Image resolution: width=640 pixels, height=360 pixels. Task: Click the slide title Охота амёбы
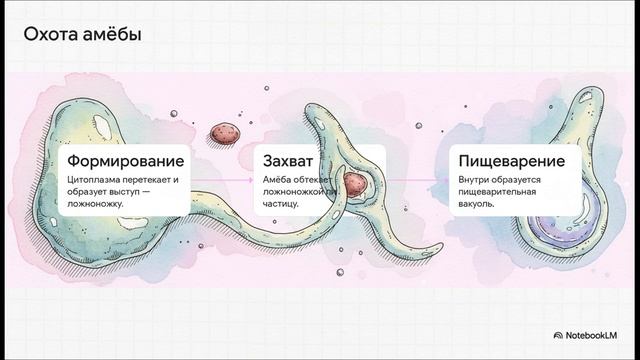coord(81,36)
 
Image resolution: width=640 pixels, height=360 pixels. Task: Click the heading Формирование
coord(125,161)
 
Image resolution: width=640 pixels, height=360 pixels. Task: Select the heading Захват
coord(290,161)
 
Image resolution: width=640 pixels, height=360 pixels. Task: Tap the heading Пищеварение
coord(511,161)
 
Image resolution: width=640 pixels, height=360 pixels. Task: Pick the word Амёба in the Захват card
coord(277,180)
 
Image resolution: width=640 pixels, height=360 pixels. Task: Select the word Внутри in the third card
coord(475,180)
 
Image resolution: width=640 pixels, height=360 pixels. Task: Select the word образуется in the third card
coord(520,180)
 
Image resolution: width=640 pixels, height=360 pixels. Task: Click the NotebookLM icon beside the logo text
coord(557,335)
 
